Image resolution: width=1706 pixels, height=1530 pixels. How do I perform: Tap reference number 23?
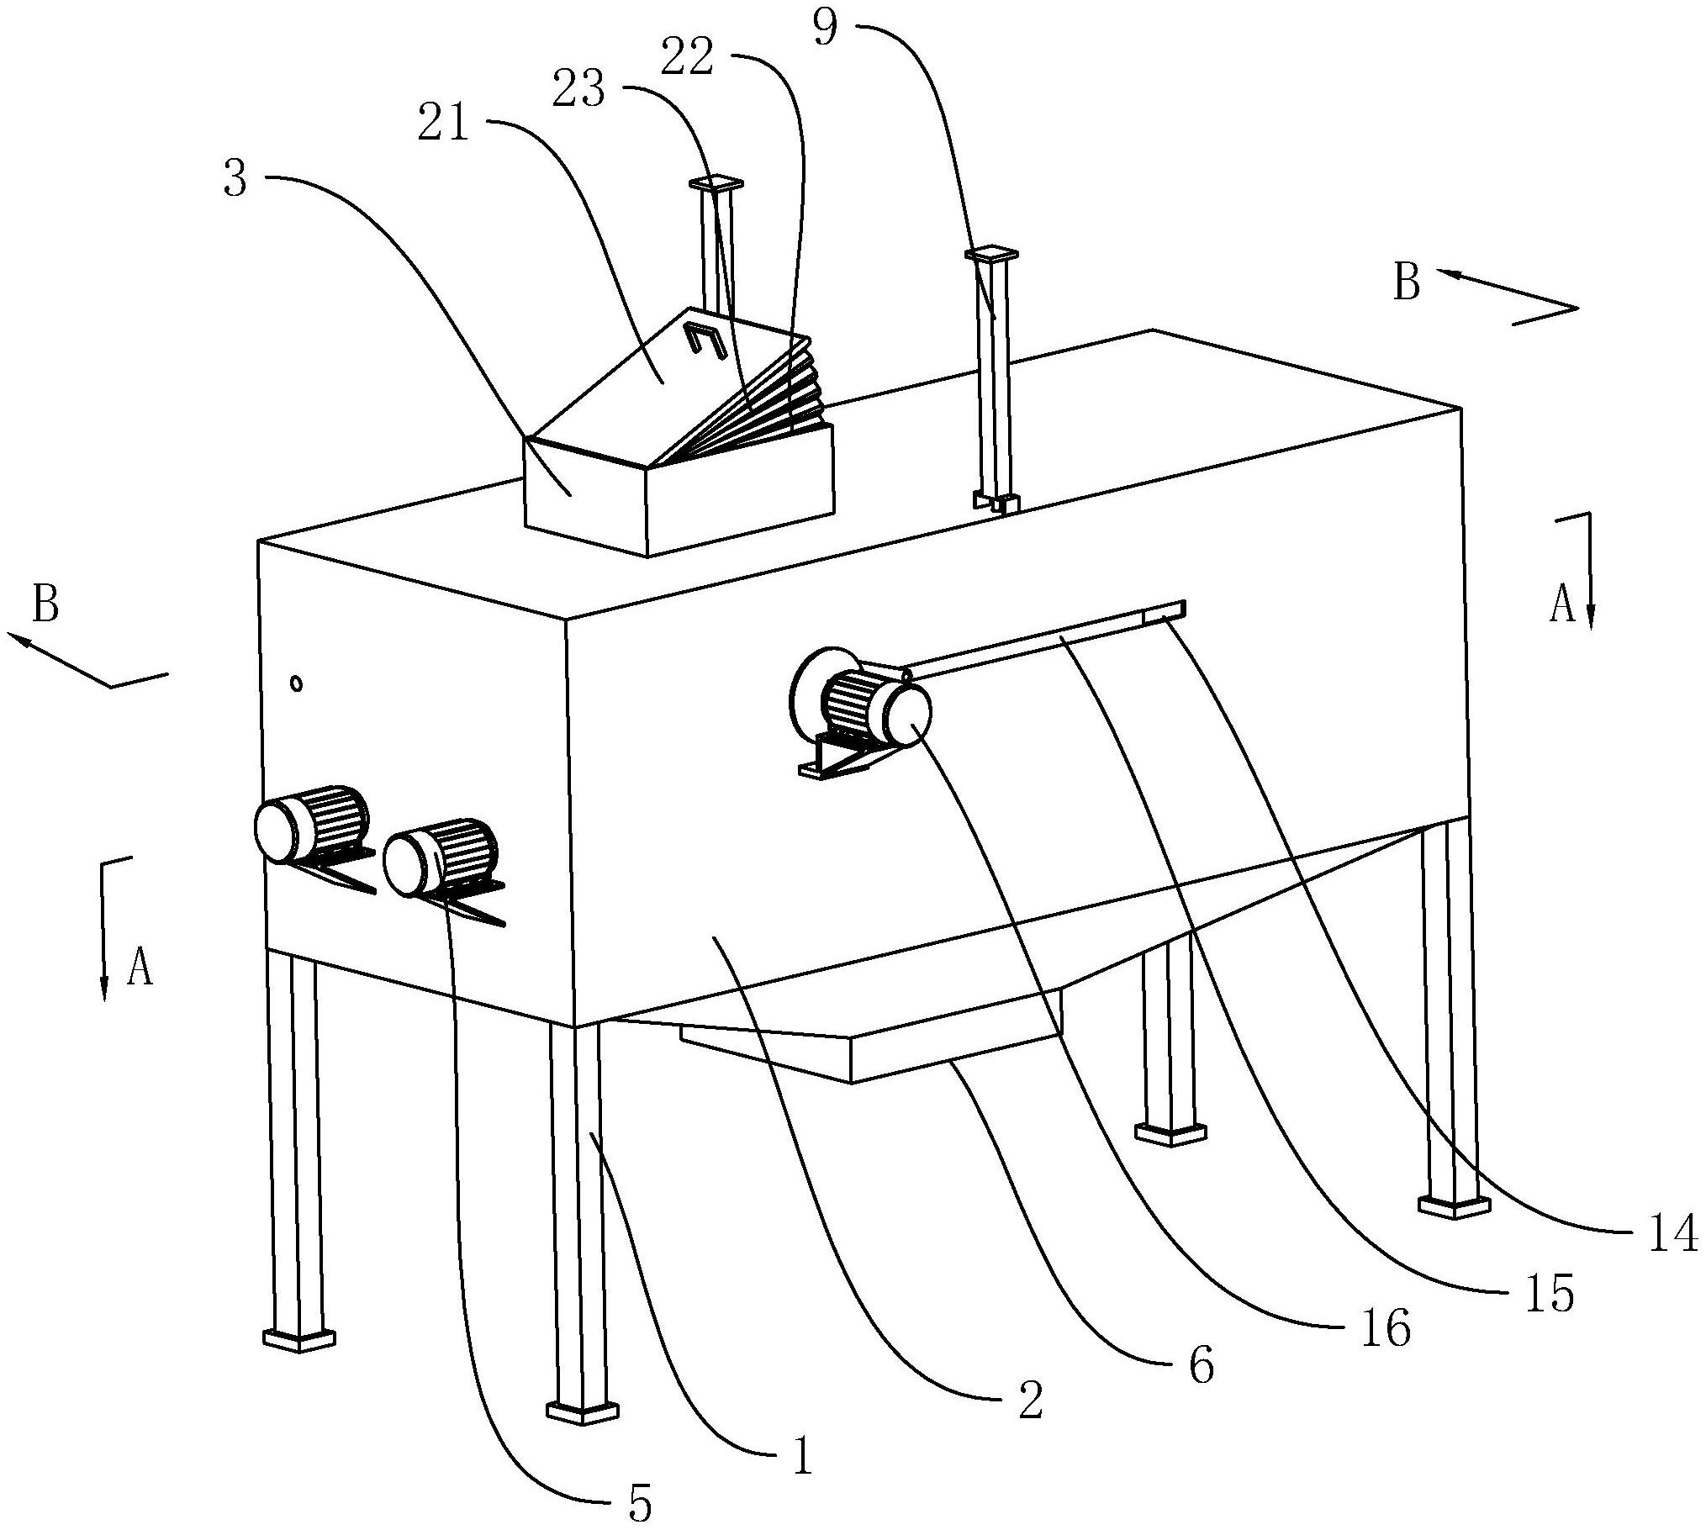click(x=578, y=89)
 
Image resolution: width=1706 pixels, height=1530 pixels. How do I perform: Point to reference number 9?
click(x=826, y=26)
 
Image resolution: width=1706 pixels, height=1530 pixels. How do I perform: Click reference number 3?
click(x=235, y=177)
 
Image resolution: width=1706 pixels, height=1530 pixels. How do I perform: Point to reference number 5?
click(x=640, y=1505)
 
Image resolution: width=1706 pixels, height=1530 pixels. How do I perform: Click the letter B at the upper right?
click(x=1407, y=282)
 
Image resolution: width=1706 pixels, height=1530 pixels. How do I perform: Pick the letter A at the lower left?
click(x=140, y=967)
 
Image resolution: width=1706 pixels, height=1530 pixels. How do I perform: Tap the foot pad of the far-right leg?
click(x=1455, y=1206)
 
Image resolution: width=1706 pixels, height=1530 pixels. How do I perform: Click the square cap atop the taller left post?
click(x=716, y=182)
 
